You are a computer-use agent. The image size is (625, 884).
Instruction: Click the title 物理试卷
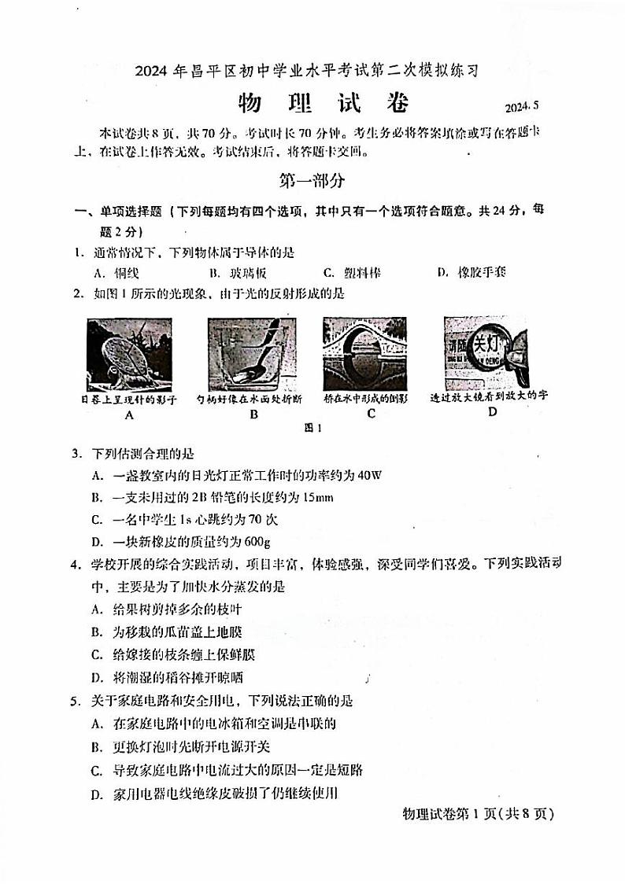tap(324, 104)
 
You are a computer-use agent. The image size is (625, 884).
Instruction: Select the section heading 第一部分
tap(312, 180)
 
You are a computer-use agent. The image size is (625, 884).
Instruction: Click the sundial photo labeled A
tap(129, 353)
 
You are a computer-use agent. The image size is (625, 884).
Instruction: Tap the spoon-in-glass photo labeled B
tap(252, 353)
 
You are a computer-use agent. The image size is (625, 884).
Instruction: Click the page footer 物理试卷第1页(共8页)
tap(478, 814)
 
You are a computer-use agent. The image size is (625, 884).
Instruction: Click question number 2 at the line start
tap(79, 293)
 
